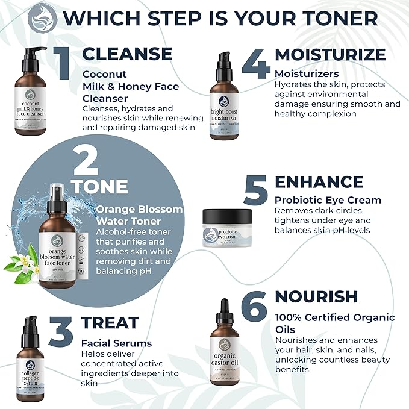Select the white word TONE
tap(101, 187)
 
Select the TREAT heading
tap(110, 323)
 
